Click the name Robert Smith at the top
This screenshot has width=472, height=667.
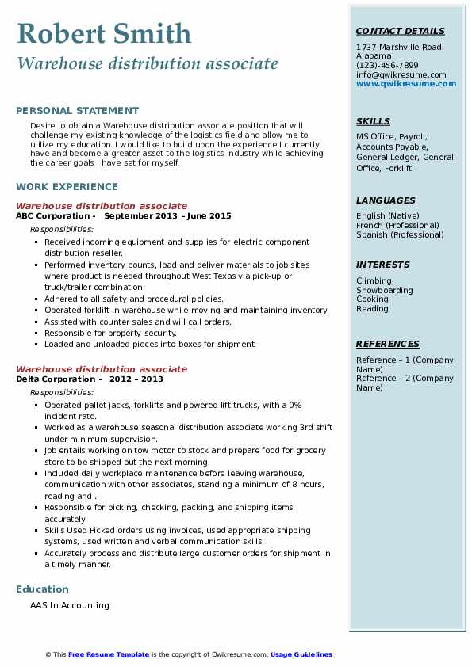click(104, 33)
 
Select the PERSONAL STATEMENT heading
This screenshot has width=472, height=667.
click(77, 111)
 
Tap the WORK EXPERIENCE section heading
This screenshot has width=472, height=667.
click(67, 187)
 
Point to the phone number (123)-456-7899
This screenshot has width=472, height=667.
click(387, 66)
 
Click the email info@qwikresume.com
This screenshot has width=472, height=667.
click(401, 75)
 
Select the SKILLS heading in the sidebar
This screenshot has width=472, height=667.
click(373, 121)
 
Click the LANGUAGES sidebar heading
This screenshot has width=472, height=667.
click(386, 200)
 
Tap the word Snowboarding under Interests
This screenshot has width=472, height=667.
click(384, 290)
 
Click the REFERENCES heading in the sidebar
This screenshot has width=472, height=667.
click(388, 344)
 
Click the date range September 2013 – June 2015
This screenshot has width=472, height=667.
click(167, 216)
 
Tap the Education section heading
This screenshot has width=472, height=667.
click(42, 589)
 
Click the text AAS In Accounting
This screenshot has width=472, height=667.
click(70, 606)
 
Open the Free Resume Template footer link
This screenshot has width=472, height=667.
click(109, 654)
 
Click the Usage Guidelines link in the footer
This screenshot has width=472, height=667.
click(301, 654)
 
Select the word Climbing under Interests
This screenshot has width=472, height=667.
click(374, 280)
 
